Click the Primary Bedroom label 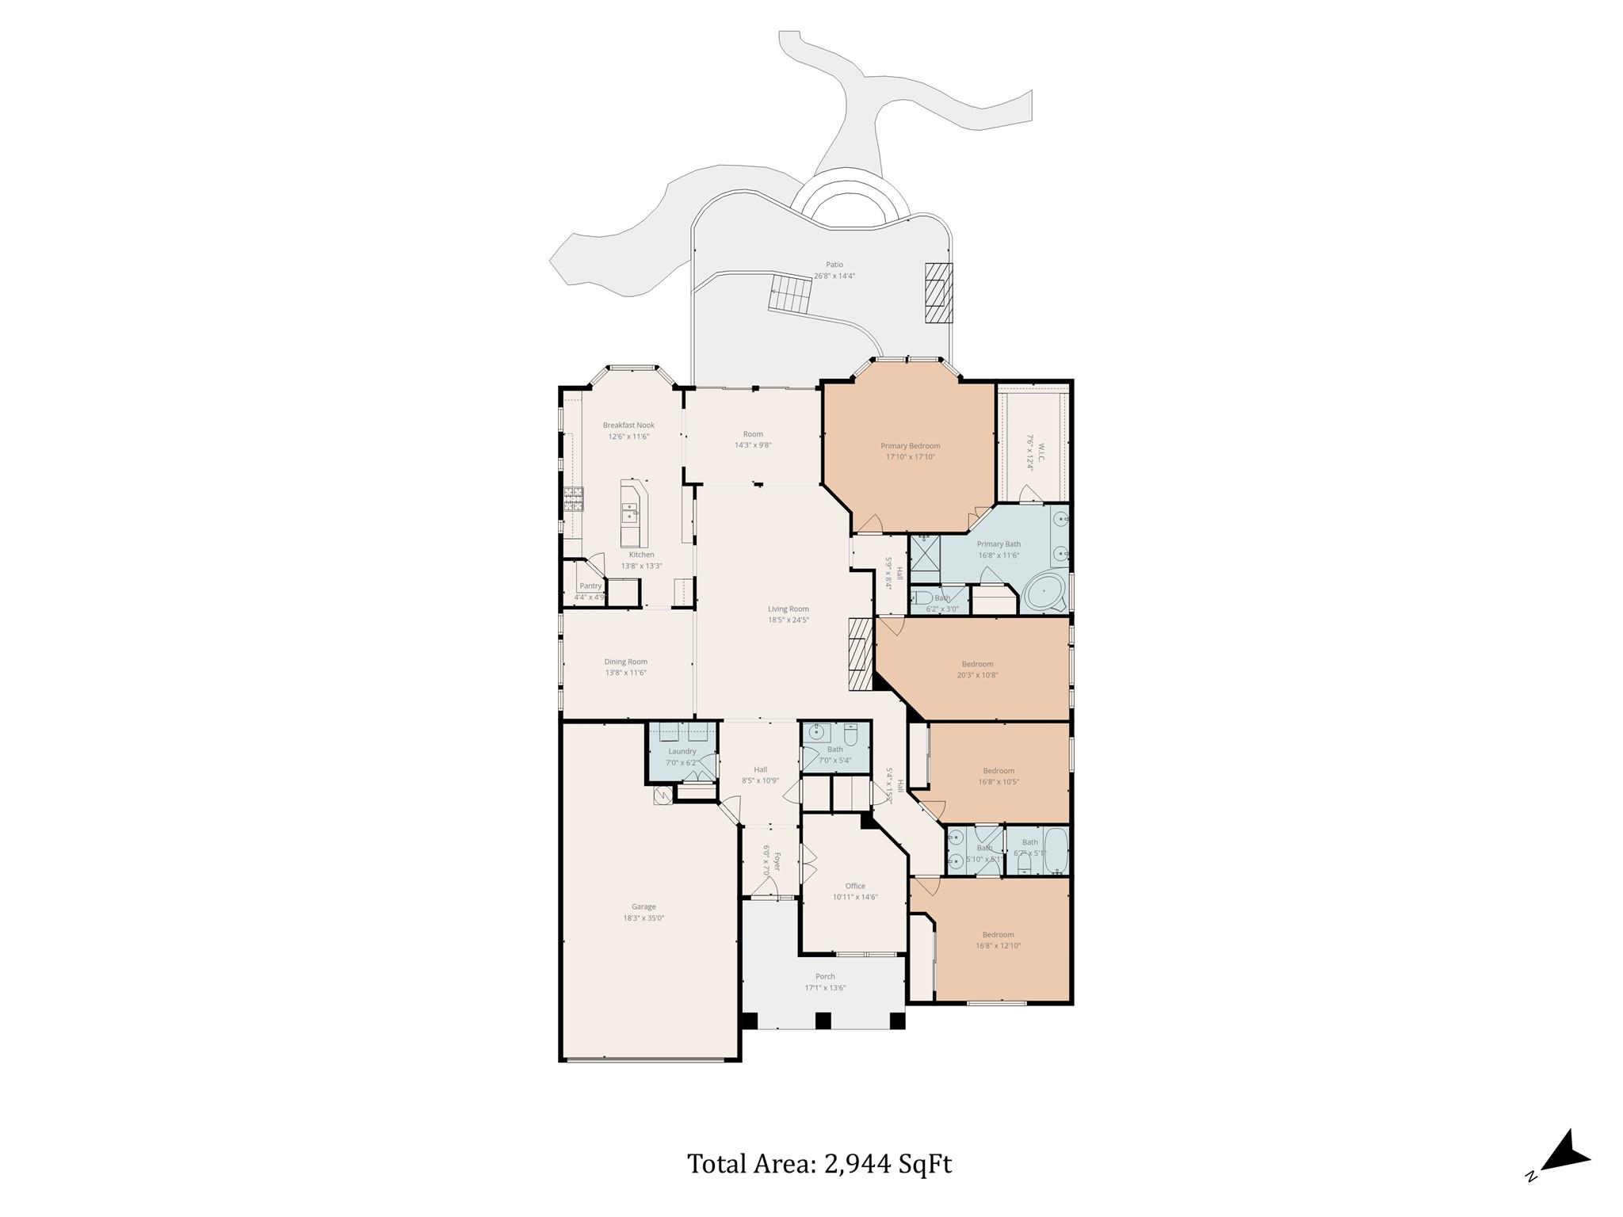click(910, 446)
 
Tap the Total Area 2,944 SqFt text click(819, 1164)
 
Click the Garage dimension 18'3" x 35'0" click(643, 918)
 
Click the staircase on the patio click(791, 294)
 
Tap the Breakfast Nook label click(628, 425)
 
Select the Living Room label click(788, 609)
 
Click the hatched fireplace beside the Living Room click(860, 655)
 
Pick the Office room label click(854, 886)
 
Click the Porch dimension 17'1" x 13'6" click(825, 988)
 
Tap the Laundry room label click(682, 751)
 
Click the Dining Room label click(625, 662)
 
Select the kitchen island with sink click(633, 512)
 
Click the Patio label click(834, 265)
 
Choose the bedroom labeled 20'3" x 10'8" click(977, 670)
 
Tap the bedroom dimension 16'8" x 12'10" click(998, 945)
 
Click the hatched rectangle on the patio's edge click(938, 292)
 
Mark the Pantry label click(590, 586)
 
